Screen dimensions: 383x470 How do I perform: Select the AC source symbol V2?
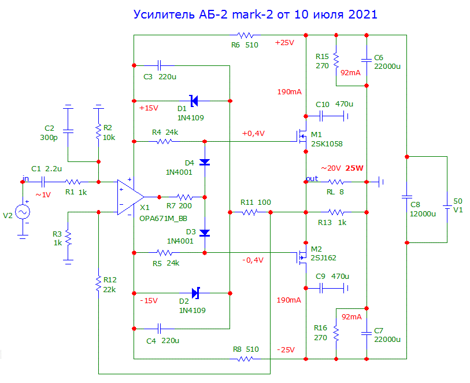click(24, 212)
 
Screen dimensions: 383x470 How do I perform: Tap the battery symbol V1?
click(446, 205)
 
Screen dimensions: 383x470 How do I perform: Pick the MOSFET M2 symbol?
click(301, 255)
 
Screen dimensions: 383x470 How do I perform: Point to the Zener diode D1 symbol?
click(194, 101)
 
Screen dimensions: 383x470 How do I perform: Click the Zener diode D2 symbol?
click(195, 294)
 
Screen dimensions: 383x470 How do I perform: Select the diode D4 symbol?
click(205, 162)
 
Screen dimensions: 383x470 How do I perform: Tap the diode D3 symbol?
click(205, 233)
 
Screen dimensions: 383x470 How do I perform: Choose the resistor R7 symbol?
click(185, 197)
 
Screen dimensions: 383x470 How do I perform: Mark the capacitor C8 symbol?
click(406, 197)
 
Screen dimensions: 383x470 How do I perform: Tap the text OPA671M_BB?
click(163, 219)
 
